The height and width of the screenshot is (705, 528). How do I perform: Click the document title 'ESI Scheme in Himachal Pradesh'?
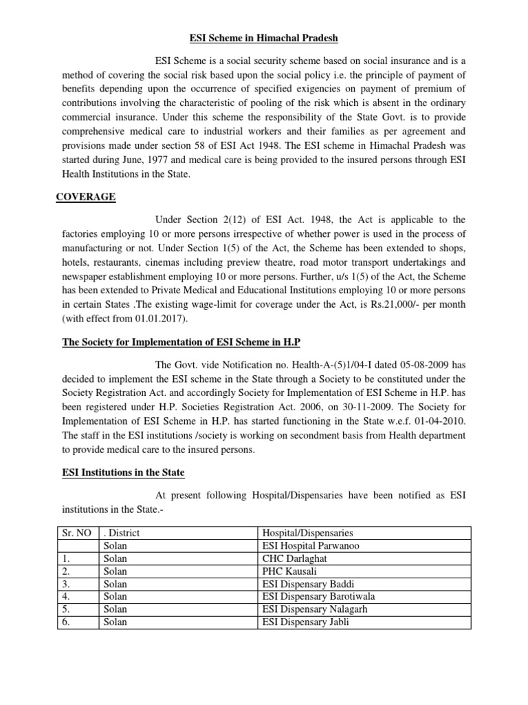263,38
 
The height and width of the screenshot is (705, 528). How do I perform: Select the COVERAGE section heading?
85,198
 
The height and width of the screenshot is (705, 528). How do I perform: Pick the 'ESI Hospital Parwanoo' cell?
311,546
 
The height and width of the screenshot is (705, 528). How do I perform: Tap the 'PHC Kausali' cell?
289,571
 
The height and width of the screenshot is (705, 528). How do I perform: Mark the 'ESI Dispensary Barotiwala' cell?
318,596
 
